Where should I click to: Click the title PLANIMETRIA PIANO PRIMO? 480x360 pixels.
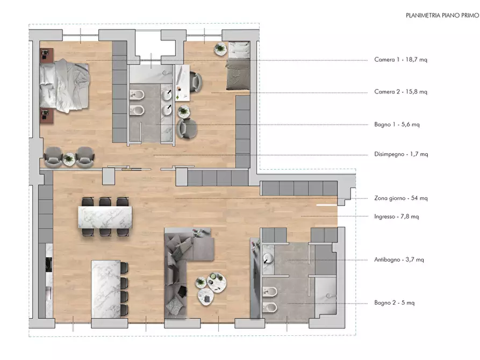[x=442, y=15]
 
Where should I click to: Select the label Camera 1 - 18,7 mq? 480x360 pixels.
[x=400, y=60]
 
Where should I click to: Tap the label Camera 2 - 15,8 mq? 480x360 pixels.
[x=400, y=91]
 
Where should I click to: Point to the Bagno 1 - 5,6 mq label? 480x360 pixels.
[x=397, y=124]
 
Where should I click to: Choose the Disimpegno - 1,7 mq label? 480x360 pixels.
[x=401, y=154]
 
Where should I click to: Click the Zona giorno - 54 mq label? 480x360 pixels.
[x=400, y=198]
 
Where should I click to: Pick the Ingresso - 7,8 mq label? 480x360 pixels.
[x=397, y=217]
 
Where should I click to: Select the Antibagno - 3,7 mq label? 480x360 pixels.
[x=399, y=260]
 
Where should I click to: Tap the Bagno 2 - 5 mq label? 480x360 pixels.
[x=395, y=303]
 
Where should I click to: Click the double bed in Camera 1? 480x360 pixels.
[x=65, y=86]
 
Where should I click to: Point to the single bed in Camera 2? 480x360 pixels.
[x=238, y=66]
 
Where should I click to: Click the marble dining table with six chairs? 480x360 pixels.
[x=105, y=217]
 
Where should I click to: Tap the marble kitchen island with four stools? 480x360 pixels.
[x=109, y=289]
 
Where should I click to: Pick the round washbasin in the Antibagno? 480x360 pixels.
[x=268, y=258]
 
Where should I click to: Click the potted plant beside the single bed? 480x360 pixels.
[x=220, y=49]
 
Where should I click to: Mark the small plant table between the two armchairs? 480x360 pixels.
[x=69, y=159]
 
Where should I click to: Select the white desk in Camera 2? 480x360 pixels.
[x=183, y=83]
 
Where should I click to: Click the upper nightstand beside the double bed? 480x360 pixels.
[x=47, y=55]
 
